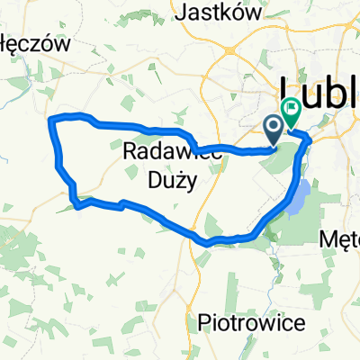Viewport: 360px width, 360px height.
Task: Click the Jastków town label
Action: (x=220, y=13)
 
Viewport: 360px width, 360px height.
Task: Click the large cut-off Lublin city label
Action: (x=320, y=91)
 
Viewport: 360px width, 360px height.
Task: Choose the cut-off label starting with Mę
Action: (x=341, y=239)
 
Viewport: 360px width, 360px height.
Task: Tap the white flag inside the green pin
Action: (x=291, y=108)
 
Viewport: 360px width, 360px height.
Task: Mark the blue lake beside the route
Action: (x=299, y=197)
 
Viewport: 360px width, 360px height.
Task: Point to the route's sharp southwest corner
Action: (x=78, y=205)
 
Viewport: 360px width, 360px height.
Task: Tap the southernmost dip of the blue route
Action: (x=209, y=241)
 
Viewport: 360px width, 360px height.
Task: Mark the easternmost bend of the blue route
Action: (x=310, y=139)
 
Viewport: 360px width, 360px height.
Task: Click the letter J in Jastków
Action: (x=186, y=13)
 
